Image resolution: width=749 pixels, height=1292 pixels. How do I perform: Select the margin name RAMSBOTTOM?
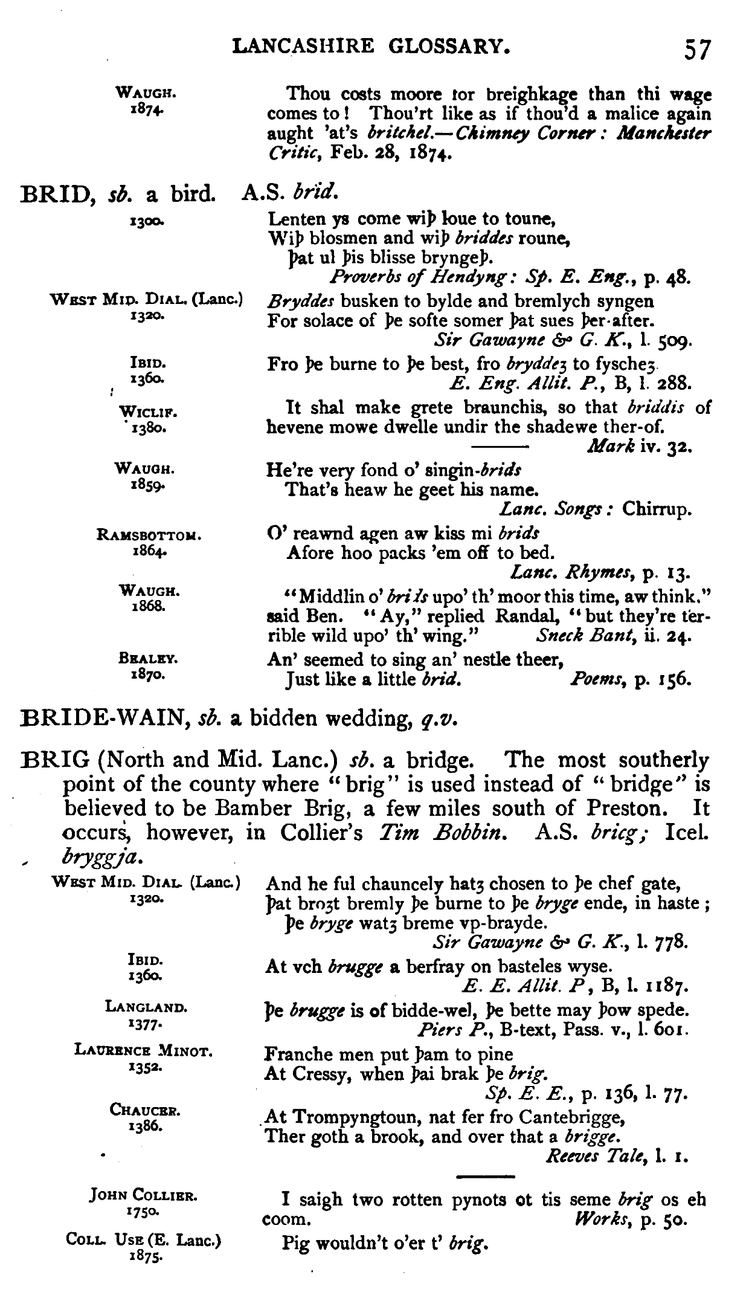click(148, 535)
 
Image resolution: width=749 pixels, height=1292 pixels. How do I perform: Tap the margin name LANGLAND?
click(146, 1007)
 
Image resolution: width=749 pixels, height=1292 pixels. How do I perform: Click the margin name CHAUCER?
click(146, 1111)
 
